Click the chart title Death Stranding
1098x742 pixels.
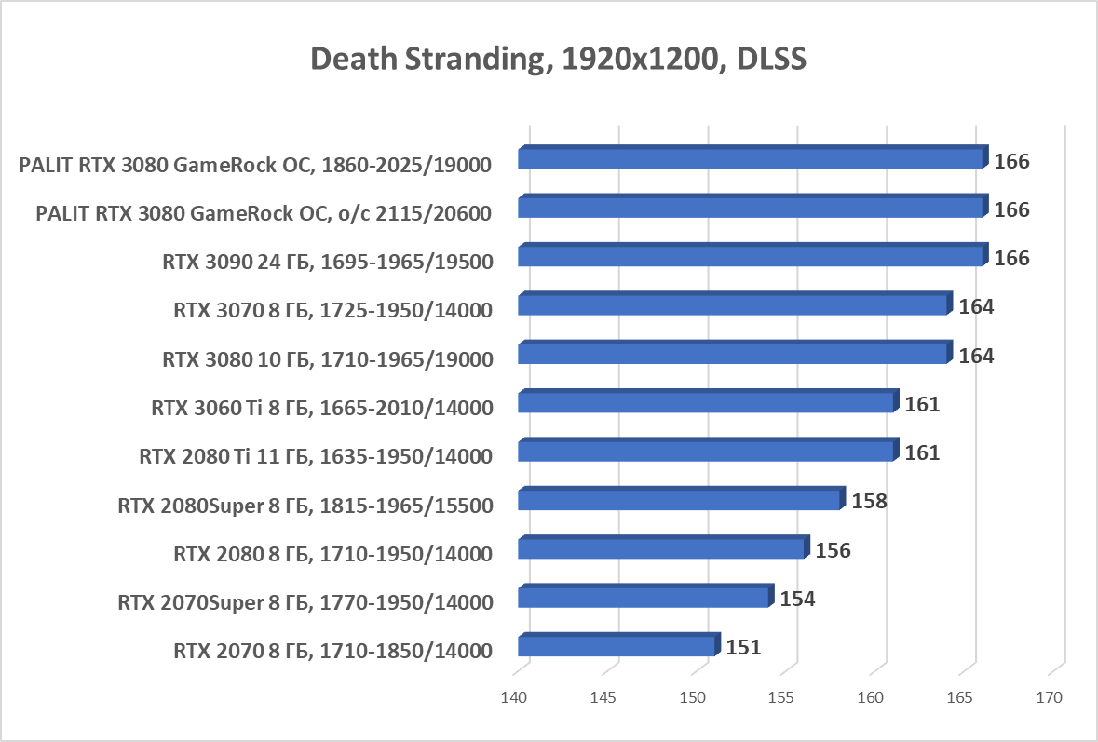coord(557,59)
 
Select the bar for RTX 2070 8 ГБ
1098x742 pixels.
coord(617,646)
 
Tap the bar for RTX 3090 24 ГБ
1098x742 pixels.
coord(751,256)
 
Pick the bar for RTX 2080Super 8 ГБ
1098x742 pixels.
coord(679,500)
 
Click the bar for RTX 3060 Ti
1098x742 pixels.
coord(706,402)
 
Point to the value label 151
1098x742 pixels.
coord(743,647)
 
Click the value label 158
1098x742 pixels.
coord(868,501)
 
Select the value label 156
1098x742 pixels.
coord(833,550)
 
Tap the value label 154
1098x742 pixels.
coord(797,599)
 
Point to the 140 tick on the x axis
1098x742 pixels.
coord(514,697)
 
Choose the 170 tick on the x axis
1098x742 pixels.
coord(1049,697)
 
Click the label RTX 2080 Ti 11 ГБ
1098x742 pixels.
coord(316,456)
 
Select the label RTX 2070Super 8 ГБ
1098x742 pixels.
coord(305,602)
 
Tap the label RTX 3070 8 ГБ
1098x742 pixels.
coord(332,310)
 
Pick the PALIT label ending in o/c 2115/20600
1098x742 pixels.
coord(264,213)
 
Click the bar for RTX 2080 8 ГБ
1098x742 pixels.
coord(661,548)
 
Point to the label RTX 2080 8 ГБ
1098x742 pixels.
coord(332,554)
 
